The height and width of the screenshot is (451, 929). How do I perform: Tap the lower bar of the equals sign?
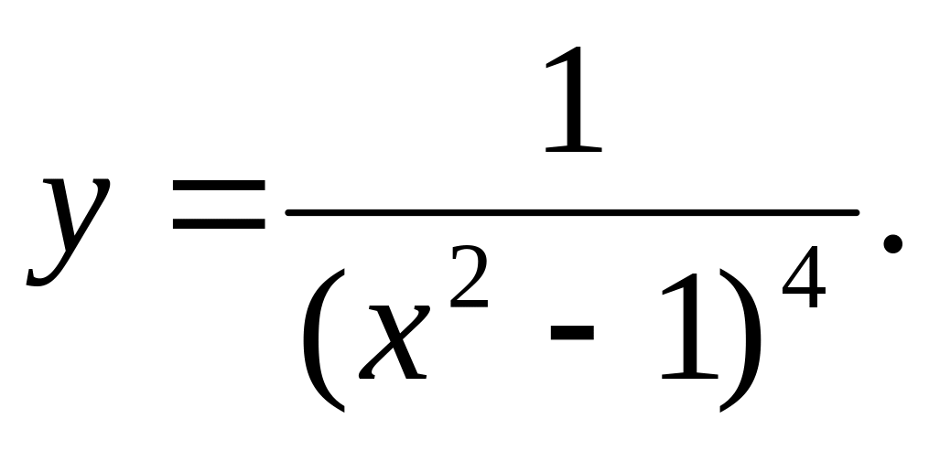[218, 223]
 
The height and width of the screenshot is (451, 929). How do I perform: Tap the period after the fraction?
[892, 242]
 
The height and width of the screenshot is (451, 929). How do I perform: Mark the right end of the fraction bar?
[857, 213]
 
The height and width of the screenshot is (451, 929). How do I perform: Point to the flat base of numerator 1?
[574, 147]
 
